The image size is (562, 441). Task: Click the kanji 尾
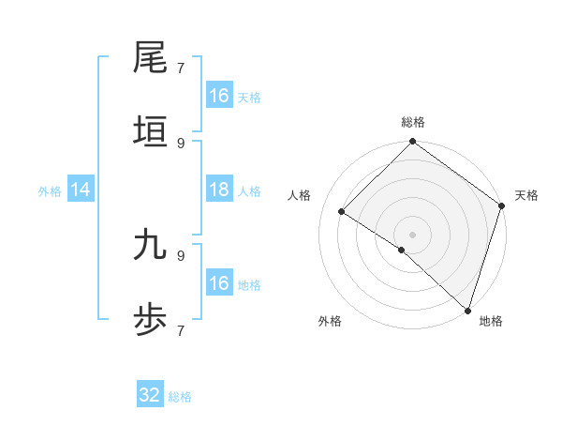click(151, 59)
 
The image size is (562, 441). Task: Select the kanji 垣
click(151, 132)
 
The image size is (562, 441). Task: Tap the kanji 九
click(151, 245)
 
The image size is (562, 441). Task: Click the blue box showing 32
click(150, 396)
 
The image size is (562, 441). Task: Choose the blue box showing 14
click(81, 190)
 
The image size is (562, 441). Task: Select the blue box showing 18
click(219, 190)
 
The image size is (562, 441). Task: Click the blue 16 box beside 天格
click(219, 96)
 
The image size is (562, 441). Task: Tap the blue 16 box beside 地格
click(219, 283)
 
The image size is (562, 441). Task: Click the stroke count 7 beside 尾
click(181, 68)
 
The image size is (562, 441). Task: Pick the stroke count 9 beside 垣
click(181, 143)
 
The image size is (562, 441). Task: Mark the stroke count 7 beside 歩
click(181, 330)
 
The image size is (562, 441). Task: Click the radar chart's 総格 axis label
click(412, 122)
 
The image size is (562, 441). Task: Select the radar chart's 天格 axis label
click(526, 195)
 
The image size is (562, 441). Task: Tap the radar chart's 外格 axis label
click(330, 321)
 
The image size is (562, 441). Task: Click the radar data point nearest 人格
click(342, 212)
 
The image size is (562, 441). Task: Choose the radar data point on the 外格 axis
click(401, 250)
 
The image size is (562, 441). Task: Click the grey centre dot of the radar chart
click(412, 235)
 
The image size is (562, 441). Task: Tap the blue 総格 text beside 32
click(180, 397)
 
